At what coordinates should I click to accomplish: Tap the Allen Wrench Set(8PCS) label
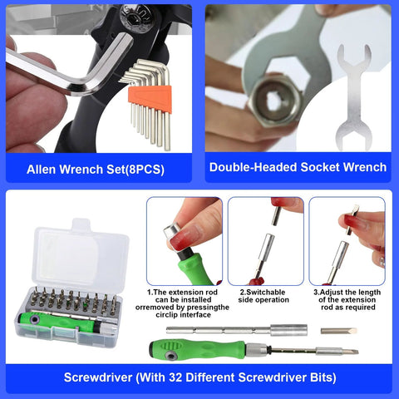click(95, 168)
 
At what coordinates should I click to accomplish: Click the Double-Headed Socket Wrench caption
click(298, 167)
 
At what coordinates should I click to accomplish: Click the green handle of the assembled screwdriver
click(195, 348)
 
